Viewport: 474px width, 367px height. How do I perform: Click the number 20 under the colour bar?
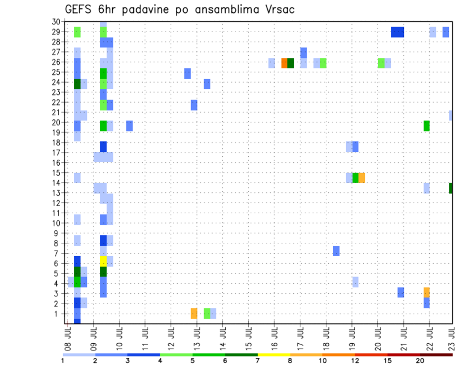[x=420, y=361]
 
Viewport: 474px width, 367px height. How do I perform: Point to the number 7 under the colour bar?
[x=258, y=361]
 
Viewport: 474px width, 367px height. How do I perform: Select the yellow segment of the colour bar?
[x=274, y=354]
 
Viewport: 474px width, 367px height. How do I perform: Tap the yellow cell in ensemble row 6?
[x=103, y=261]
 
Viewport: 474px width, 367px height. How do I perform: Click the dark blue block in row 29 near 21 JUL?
[x=397, y=32]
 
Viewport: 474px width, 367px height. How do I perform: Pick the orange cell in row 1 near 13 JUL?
[x=194, y=313]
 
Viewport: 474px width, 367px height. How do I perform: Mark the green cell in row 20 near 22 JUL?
[x=427, y=126]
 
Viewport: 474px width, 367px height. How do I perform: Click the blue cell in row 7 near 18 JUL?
[x=336, y=251]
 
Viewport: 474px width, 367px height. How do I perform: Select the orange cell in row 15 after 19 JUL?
[x=362, y=178]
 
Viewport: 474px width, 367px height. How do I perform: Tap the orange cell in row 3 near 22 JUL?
[x=427, y=292]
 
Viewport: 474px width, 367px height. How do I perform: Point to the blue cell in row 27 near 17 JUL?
[x=304, y=52]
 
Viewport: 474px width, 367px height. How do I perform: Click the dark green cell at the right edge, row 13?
[x=451, y=188]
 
